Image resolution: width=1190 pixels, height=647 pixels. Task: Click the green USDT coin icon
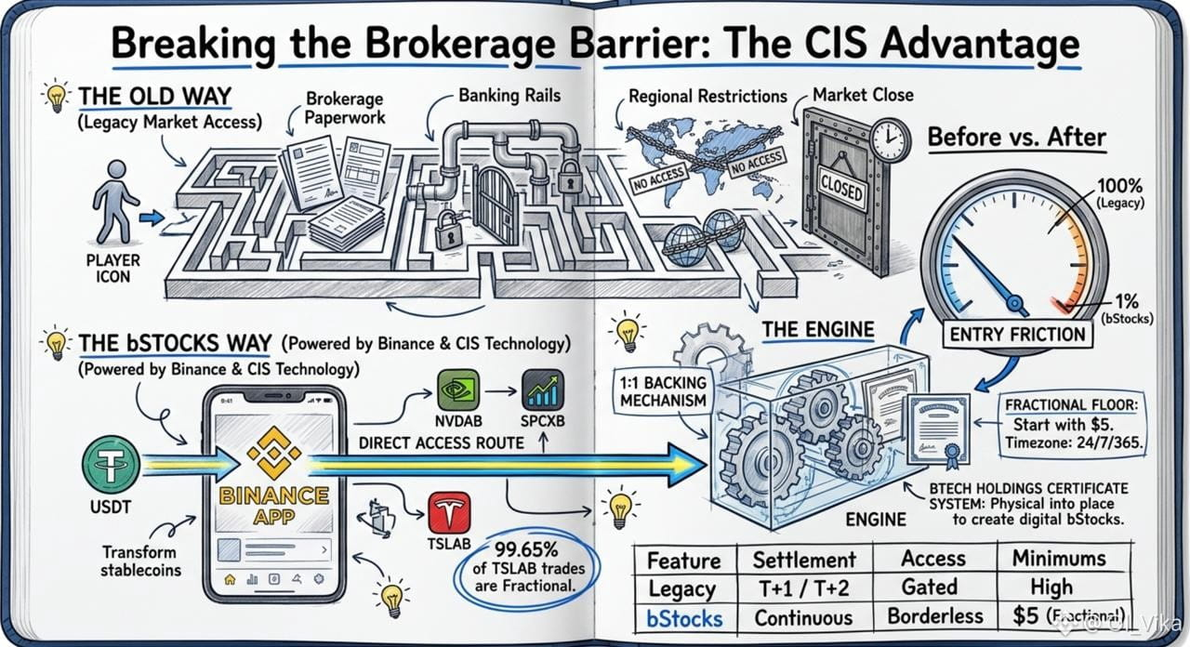pos(112,464)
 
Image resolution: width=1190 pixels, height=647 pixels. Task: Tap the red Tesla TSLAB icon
pos(449,512)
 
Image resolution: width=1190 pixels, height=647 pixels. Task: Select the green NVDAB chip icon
pos(458,390)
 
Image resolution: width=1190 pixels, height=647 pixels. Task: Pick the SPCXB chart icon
pos(542,390)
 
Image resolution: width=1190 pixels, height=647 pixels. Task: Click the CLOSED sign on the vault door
pos(841,189)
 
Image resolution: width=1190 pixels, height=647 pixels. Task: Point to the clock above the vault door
pos(891,139)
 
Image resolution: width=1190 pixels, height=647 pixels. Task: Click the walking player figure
pos(113,203)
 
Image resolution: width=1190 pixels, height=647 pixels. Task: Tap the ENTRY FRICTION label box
pos(1017,335)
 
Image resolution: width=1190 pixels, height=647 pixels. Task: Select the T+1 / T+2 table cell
pos(804,588)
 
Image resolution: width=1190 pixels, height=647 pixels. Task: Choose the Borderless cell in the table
pos(935,616)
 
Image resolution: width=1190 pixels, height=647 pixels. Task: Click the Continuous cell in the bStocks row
pos(803,618)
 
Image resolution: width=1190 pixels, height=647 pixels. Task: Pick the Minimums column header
pos(1059,559)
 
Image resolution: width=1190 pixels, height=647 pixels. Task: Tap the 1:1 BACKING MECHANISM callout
pos(663,391)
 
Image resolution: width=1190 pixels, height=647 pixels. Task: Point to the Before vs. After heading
pos(1017,137)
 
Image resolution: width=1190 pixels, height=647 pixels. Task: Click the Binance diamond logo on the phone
pos(274,453)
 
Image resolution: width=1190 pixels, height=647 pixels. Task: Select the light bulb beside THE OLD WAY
pos(57,96)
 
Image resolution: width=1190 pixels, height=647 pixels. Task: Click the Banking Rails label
pos(509,96)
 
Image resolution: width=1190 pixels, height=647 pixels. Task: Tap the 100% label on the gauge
pos(1120,186)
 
